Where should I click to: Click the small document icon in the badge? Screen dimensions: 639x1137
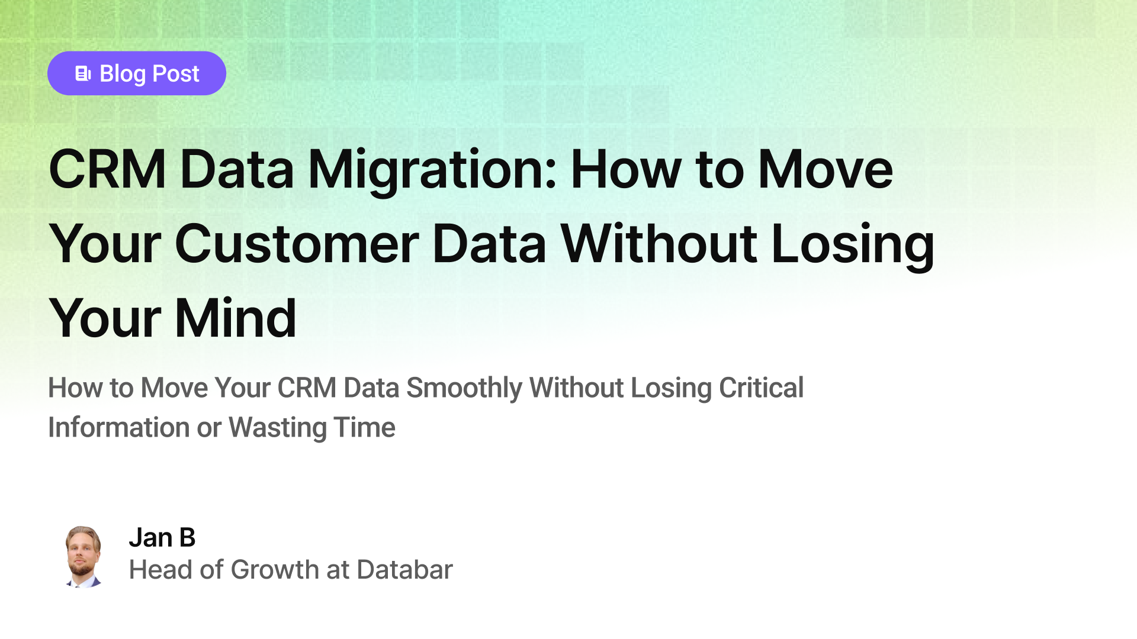(83, 73)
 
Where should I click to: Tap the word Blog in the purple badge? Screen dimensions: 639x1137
(123, 74)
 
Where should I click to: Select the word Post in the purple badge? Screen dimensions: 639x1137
(176, 74)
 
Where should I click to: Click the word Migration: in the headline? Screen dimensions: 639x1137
(432, 170)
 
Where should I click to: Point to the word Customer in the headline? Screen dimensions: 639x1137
(297, 244)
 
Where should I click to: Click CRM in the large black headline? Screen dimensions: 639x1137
(107, 170)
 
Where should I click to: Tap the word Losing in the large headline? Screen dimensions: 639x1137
(853, 244)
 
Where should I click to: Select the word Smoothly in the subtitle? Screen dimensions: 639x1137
(464, 388)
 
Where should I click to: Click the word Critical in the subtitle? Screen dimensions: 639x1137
(761, 388)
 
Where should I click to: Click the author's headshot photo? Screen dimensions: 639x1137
(83, 556)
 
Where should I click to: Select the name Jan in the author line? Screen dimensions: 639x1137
(150, 538)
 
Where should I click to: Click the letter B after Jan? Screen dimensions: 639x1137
(187, 538)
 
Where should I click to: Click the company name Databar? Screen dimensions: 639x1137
(404, 570)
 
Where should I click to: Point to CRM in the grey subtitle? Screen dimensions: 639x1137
(307, 388)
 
